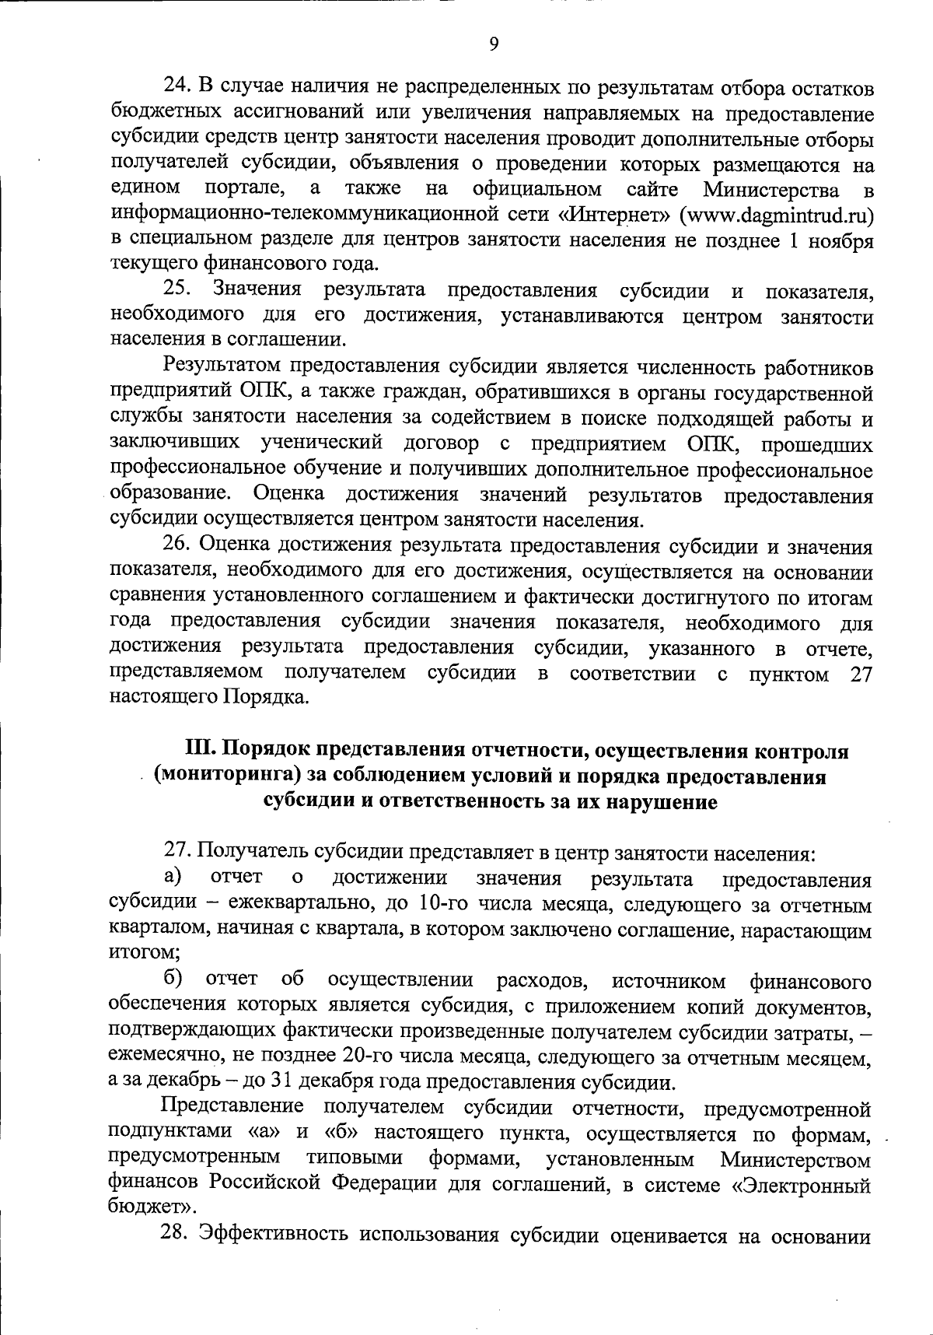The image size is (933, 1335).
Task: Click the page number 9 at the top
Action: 494,44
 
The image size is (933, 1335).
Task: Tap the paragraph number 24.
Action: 176,86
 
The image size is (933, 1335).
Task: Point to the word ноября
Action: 840,240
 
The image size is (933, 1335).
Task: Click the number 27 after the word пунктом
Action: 861,674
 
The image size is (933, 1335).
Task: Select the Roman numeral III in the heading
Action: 199,751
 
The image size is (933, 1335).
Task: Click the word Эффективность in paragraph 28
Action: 276,1235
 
